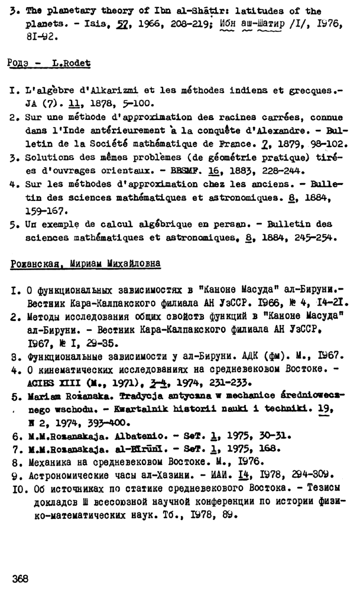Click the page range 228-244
[x=261, y=170]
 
